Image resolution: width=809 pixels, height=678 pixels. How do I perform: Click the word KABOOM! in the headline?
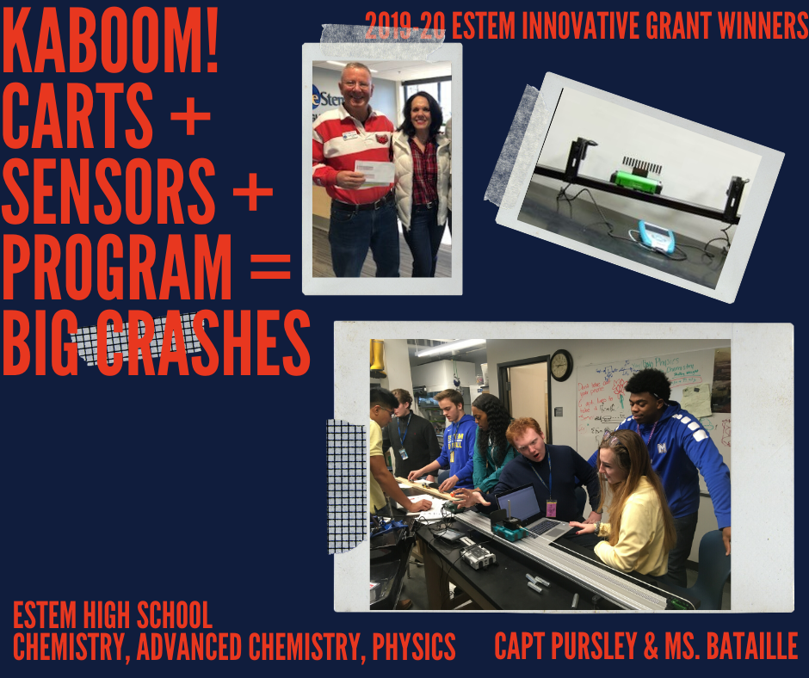coord(110,40)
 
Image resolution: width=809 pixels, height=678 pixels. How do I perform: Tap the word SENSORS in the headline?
coord(108,191)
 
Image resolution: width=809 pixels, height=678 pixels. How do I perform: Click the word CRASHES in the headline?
coord(203,343)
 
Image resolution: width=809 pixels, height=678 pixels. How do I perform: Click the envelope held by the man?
coord(374,173)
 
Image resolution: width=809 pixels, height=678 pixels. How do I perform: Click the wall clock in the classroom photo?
coord(561,365)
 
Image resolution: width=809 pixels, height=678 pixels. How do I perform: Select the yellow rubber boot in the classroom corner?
coord(378,357)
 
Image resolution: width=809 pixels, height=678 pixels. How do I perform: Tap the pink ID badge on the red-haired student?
coord(551,508)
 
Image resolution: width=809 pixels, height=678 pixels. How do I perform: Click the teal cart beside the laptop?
coord(508,528)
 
